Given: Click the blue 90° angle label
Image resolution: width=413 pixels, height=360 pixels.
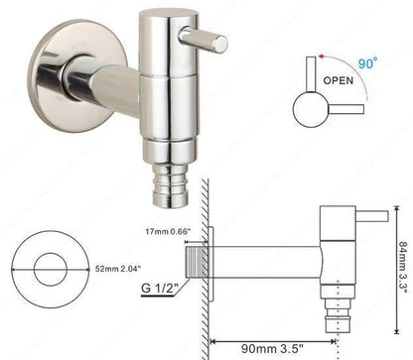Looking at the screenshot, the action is click(367, 62).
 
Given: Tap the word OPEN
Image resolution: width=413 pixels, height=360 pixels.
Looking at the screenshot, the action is click(339, 80).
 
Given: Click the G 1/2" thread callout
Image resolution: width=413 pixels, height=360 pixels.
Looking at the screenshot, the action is click(160, 288).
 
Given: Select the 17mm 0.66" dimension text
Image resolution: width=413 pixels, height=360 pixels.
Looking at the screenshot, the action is click(168, 231).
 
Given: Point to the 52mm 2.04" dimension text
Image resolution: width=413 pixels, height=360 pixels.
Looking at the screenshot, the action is click(118, 269).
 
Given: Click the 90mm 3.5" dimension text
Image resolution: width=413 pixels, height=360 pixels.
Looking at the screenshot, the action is click(272, 348).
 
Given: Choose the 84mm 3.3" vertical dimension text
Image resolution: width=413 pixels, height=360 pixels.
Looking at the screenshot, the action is click(404, 270).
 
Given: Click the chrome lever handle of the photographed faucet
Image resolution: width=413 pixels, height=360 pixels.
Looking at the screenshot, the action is click(204, 40).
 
